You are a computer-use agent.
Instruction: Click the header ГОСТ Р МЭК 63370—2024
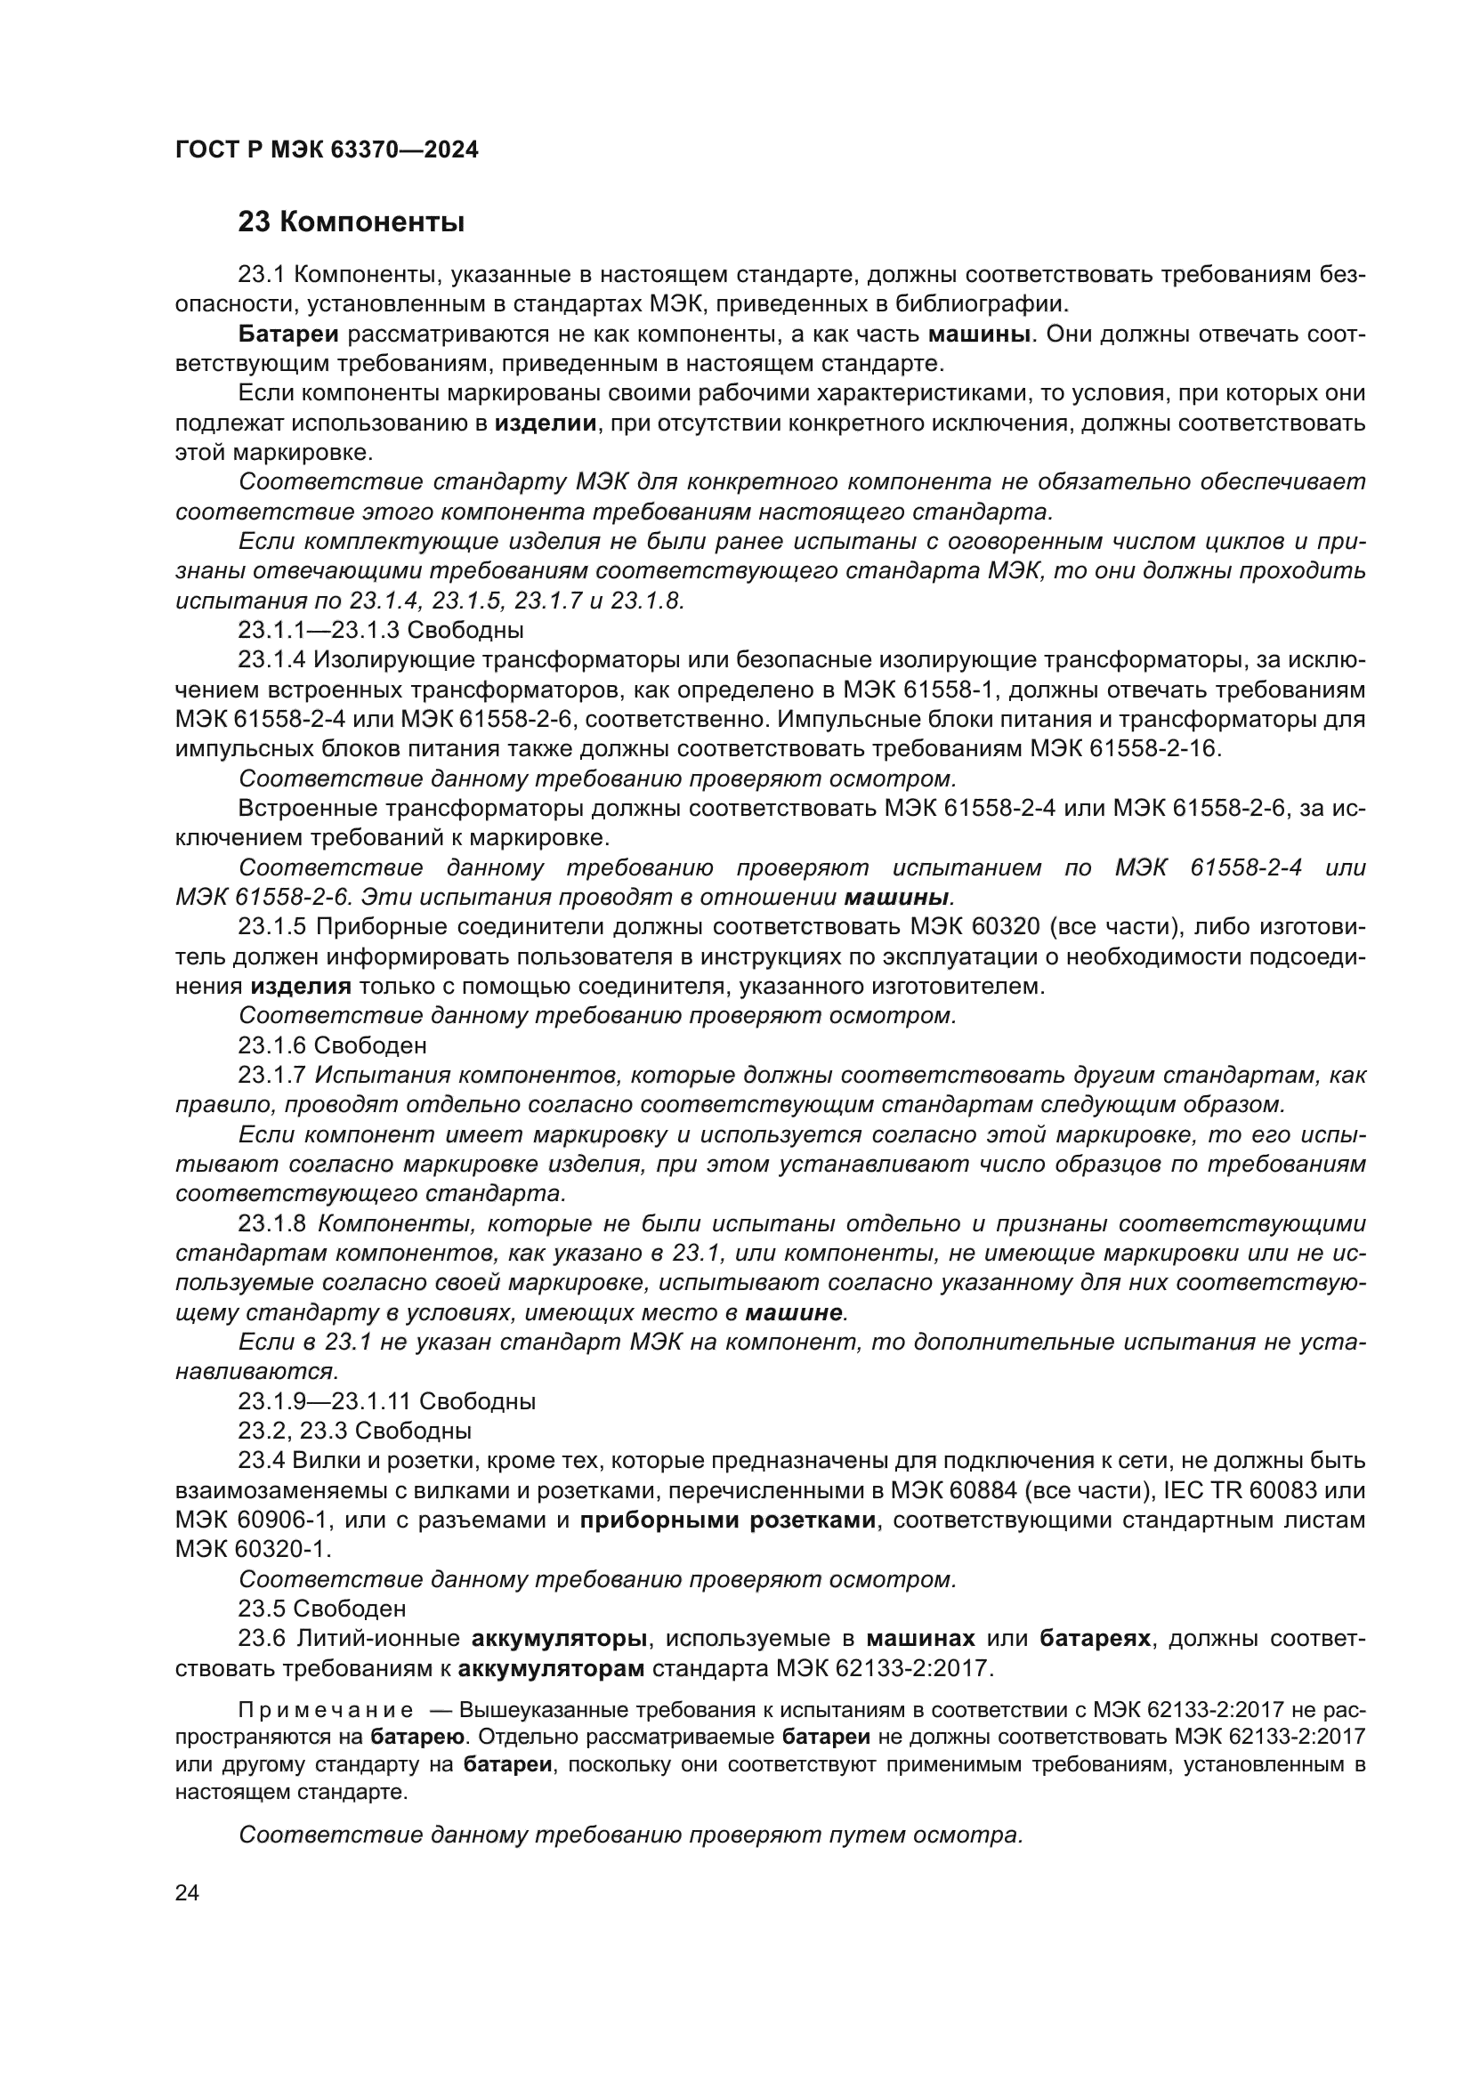coord(327,150)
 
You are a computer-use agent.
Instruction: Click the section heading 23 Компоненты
coord(351,222)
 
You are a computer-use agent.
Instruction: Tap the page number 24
coord(187,1893)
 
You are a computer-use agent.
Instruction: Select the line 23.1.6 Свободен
coord(332,1046)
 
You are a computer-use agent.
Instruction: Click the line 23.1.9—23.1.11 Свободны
coord(386,1402)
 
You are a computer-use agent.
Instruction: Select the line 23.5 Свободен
coord(322,1609)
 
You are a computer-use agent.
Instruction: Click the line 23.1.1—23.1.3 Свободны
coord(381,630)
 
